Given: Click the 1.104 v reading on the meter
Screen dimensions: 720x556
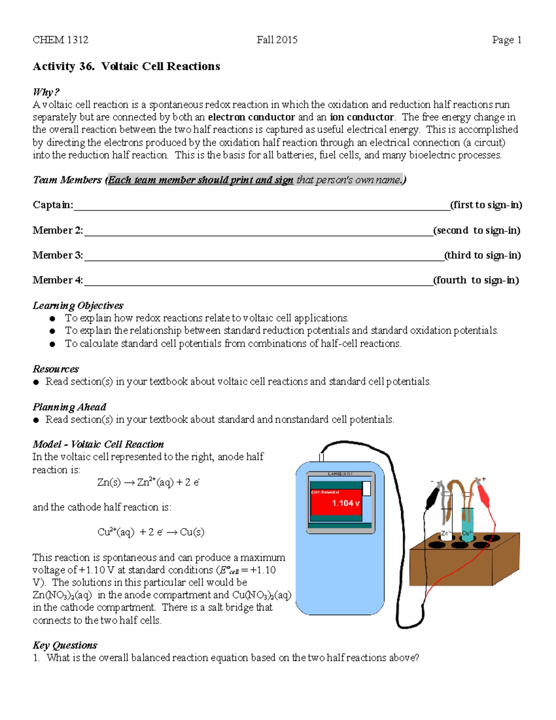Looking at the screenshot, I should [346, 503].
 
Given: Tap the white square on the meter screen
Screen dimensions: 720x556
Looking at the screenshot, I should [366, 489].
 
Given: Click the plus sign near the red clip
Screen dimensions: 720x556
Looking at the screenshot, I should [484, 479].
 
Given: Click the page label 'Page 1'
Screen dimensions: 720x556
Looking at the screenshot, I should [506, 40].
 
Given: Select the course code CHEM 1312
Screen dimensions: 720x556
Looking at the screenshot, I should [60, 40].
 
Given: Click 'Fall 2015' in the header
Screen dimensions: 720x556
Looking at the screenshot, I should [277, 40].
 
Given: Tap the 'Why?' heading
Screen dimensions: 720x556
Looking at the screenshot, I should [46, 92].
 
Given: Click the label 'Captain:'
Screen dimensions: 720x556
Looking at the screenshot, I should [53, 205].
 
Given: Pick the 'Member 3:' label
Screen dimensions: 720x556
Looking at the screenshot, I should [57, 255].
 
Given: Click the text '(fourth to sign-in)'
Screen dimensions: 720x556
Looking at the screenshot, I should [476, 280].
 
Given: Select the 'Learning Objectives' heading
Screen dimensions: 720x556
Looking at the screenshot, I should [78, 306].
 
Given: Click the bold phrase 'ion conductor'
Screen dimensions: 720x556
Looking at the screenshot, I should [361, 117].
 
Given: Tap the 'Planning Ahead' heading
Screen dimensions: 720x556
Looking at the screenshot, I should [69, 407].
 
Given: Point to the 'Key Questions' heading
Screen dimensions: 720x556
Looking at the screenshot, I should [65, 645].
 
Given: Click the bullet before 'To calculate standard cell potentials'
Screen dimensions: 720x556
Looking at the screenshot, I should [53, 344].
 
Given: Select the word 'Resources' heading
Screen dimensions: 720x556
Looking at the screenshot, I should [56, 369].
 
